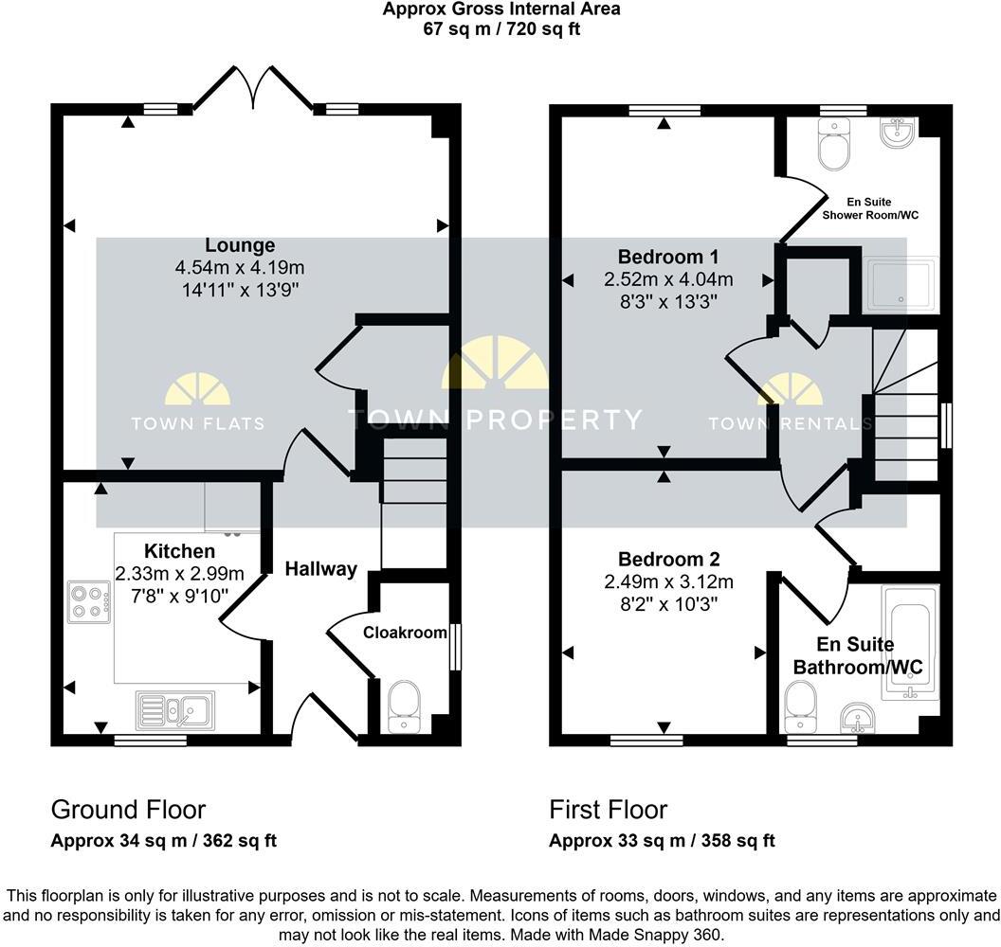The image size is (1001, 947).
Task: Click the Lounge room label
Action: [245, 245]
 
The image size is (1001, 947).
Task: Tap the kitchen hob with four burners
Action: [88, 601]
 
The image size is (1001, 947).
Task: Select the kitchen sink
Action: [176, 708]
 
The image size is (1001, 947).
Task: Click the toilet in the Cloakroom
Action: [405, 706]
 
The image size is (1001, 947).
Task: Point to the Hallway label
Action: [321, 568]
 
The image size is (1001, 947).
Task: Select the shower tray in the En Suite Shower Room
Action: [901, 285]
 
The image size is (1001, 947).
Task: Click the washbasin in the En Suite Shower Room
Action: [897, 134]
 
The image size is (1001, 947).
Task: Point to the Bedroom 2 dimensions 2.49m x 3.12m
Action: [669, 581]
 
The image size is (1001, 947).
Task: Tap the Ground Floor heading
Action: [128, 810]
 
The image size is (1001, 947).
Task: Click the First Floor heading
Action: [609, 810]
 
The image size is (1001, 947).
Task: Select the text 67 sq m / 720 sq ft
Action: [501, 28]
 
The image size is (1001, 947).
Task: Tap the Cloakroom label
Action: [405, 632]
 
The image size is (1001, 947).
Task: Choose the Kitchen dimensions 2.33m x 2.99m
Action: [179, 573]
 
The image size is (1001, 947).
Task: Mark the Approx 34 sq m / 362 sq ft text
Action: [163, 841]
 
